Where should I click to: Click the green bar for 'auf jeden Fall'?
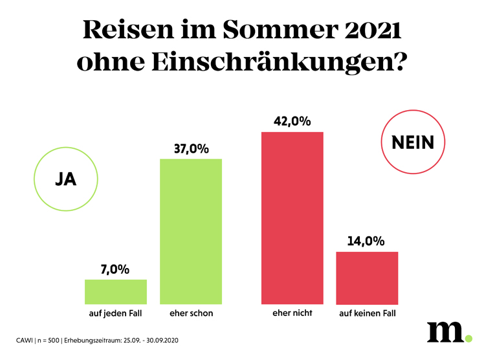116,292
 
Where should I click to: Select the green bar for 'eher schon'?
191,231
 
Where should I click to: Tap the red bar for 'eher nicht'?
292,218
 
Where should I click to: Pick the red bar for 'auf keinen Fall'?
368,278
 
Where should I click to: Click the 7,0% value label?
116,269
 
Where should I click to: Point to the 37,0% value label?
191,148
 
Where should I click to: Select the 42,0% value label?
292,121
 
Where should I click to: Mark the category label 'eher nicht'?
292,314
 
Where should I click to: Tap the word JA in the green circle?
66,179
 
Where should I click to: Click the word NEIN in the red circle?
413,143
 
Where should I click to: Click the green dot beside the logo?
468,337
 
